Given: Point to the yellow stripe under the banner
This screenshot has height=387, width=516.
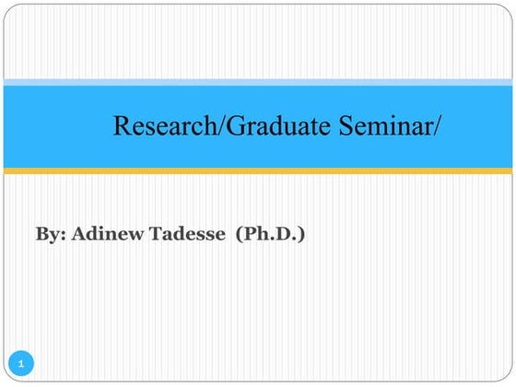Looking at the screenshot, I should pos(258,170).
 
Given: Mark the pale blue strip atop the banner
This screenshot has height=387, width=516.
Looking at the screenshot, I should pos(258,83).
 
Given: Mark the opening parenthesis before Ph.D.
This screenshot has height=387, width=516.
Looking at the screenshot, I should pos(238,235).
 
